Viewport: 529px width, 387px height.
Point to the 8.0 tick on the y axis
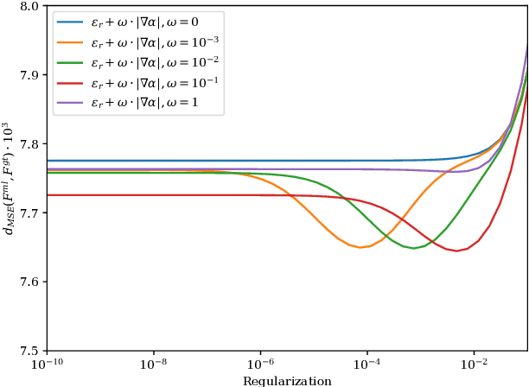pos(29,6)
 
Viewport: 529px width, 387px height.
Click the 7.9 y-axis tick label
pos(29,75)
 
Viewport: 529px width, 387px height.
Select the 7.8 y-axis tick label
pos(29,144)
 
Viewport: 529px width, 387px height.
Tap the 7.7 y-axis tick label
pos(29,213)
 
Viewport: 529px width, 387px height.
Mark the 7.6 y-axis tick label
pos(29,282)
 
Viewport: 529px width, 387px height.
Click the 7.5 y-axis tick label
pos(29,351)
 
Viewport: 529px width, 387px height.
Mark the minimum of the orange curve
pos(360,247)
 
